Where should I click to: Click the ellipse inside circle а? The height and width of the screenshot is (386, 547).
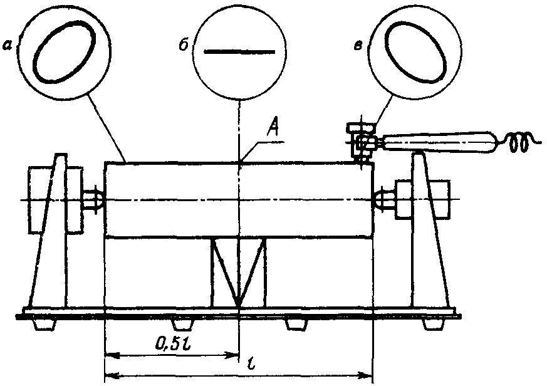(x=64, y=51)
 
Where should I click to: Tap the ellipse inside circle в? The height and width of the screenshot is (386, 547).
(x=415, y=51)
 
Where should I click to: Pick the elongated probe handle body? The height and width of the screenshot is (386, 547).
(x=439, y=142)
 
